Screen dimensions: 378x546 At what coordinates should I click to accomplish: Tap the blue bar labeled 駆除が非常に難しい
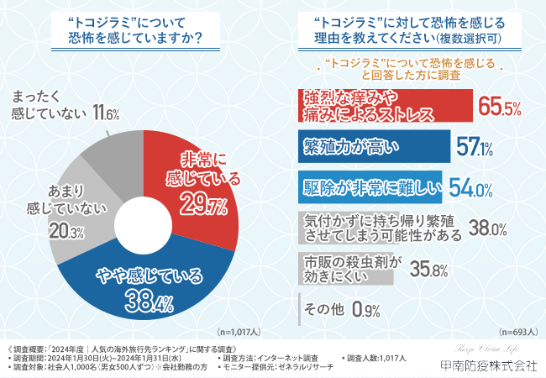coord(370,187)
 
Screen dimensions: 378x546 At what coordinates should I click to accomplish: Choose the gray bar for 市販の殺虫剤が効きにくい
coord(344,267)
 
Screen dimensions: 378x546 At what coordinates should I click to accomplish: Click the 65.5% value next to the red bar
coord(501,107)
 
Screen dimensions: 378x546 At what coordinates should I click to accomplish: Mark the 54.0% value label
coord(470,188)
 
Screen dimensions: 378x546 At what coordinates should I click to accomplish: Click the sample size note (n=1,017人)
coord(245,331)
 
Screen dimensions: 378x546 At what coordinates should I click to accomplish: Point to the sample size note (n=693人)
coord(517,331)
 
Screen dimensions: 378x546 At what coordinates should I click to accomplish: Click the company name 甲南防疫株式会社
coord(488,366)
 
